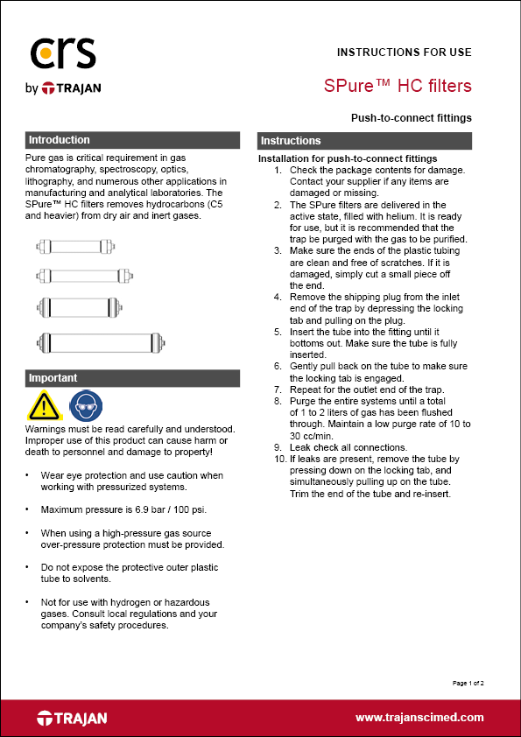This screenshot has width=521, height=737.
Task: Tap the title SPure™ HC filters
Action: (398, 86)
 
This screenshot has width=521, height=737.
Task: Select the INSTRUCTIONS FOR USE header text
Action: (404, 53)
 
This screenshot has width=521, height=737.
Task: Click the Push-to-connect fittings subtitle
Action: (411, 117)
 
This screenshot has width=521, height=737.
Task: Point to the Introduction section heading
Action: (60, 140)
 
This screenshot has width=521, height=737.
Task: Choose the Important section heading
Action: (53, 378)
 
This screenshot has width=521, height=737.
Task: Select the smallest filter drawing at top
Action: (80, 246)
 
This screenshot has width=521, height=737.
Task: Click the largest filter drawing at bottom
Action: (100, 340)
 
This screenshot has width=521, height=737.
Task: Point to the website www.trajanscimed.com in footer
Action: (419, 717)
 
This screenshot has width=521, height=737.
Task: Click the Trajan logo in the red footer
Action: (72, 718)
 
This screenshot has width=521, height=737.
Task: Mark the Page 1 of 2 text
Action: (468, 682)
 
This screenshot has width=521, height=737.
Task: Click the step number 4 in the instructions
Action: (278, 297)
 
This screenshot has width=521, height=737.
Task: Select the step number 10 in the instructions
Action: (279, 458)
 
